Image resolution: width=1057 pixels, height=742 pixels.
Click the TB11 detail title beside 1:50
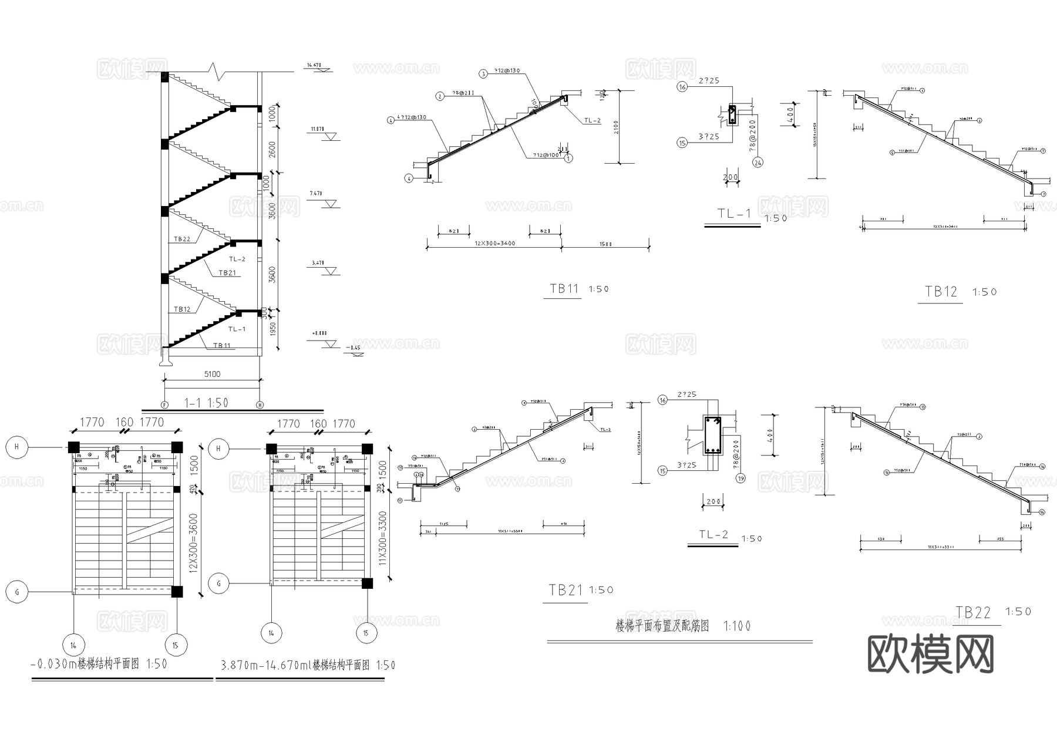pyautogui.click(x=564, y=289)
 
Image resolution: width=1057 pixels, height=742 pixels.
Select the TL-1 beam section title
pyautogui.click(x=733, y=214)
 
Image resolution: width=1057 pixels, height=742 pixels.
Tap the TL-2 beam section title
pyautogui.click(x=713, y=535)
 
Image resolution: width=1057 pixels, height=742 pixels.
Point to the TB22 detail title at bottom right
pyautogui.click(x=973, y=613)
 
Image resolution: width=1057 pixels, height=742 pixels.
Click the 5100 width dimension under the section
pyautogui.click(x=212, y=374)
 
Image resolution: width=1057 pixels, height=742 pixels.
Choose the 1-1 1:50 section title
pyautogui.click(x=206, y=403)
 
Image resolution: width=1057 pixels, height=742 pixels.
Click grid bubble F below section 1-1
pyautogui.click(x=164, y=404)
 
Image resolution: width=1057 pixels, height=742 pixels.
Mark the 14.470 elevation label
pyautogui.click(x=315, y=65)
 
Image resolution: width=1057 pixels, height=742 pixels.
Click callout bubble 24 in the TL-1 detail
pyautogui.click(x=758, y=163)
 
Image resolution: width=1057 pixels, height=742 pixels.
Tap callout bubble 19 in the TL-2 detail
pyautogui.click(x=740, y=478)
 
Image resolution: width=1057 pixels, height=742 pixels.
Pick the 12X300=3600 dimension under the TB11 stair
pyautogui.click(x=494, y=243)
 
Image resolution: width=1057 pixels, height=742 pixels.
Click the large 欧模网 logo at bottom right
pyautogui.click(x=931, y=655)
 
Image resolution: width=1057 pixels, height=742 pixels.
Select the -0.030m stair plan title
pyautogui.click(x=99, y=665)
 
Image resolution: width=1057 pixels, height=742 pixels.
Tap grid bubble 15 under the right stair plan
pyautogui.click(x=366, y=633)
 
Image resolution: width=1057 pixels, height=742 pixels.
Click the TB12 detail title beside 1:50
pyautogui.click(x=941, y=292)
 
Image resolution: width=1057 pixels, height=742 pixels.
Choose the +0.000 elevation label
pyautogui.click(x=319, y=333)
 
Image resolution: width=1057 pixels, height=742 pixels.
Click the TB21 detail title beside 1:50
pyautogui.click(x=565, y=591)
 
